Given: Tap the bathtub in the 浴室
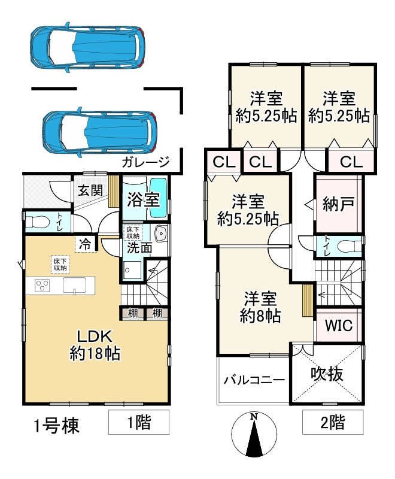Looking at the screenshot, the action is (x=159, y=198).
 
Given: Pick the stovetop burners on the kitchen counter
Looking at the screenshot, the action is (x=42, y=286).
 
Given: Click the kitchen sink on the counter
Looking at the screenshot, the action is (x=74, y=286).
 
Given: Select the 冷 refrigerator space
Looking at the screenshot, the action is (x=86, y=244).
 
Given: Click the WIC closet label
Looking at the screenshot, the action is (x=339, y=326).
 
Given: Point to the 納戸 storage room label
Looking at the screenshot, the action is (x=338, y=204).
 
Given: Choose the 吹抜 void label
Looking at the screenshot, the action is (x=327, y=374).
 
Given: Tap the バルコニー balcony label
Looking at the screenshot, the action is (x=254, y=380).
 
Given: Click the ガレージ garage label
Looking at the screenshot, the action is (x=145, y=162).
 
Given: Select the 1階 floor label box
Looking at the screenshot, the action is (x=139, y=422).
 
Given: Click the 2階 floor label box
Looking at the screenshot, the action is (x=333, y=422).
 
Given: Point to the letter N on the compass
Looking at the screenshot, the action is (x=254, y=416).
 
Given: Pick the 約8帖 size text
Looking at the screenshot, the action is (x=260, y=316).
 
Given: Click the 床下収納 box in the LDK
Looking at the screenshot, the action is (x=60, y=265).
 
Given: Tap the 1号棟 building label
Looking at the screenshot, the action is (x=56, y=425).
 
